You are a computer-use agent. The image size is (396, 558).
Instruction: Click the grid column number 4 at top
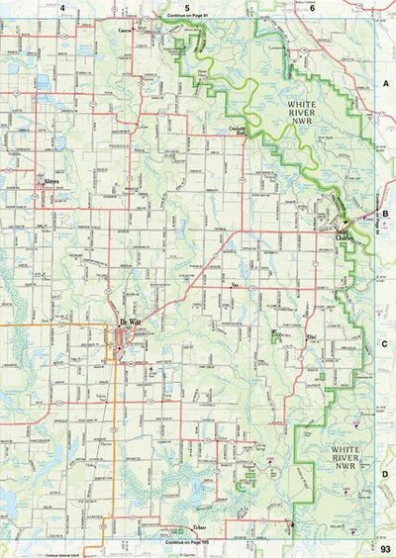tap(62, 7)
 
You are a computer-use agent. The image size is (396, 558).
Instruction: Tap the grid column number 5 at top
tap(186, 7)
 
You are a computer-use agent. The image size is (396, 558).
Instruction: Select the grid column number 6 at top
tap(311, 7)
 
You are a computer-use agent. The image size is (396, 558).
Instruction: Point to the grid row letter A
tap(386, 85)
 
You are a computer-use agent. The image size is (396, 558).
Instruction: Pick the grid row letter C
tap(386, 344)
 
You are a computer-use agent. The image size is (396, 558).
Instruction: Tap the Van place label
tap(235, 285)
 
